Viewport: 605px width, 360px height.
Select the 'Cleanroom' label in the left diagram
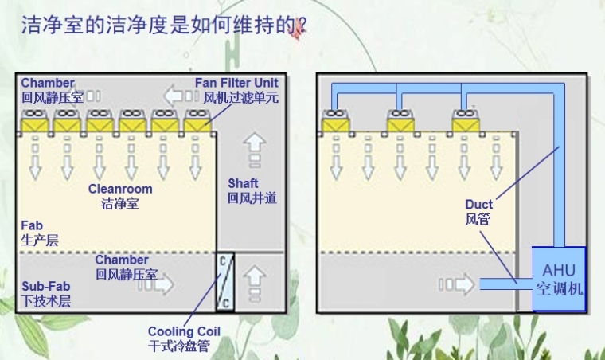120,190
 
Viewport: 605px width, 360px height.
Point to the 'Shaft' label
243,184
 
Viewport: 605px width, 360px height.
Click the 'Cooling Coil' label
184,331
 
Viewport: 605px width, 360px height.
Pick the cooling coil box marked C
224,283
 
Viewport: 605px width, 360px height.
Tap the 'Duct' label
479,205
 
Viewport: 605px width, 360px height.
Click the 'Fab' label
31,225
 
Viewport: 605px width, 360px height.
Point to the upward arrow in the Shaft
254,147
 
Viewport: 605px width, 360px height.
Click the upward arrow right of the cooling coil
254,279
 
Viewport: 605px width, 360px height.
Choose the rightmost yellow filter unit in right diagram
466,123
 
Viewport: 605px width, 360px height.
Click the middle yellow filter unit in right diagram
401,123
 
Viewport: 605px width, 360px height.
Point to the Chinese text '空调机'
558,289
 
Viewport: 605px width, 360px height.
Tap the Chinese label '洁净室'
120,204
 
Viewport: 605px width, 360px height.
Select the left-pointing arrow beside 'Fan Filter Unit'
174,97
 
